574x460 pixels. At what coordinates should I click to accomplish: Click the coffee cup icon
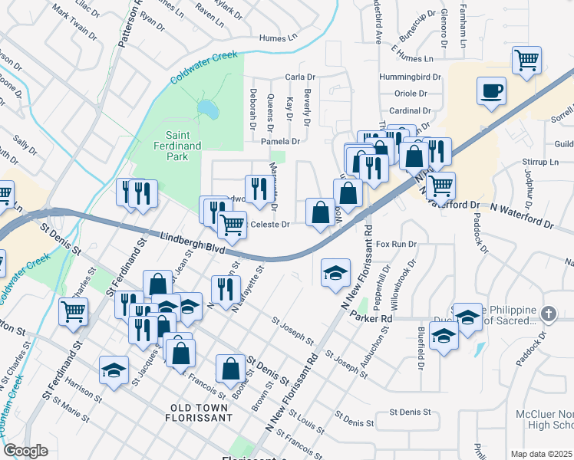(x=491, y=90)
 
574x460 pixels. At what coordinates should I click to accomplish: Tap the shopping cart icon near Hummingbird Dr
(x=527, y=60)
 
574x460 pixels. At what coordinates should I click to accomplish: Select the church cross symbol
(x=548, y=314)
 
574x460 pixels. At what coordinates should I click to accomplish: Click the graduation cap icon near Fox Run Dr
(x=335, y=273)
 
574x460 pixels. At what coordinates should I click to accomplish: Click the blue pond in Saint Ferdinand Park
(x=207, y=111)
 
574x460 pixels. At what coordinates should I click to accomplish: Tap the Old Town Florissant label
(x=198, y=412)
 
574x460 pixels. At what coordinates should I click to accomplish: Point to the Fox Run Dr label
(x=397, y=244)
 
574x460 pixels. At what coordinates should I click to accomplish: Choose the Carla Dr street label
(x=300, y=77)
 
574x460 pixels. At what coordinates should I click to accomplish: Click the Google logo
(x=26, y=451)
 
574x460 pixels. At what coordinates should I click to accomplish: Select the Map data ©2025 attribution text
(x=542, y=454)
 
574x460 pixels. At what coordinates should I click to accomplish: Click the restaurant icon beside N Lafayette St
(x=226, y=289)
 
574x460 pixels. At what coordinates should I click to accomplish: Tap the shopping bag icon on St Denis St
(x=230, y=369)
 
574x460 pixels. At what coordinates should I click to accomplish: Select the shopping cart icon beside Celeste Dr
(x=232, y=225)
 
